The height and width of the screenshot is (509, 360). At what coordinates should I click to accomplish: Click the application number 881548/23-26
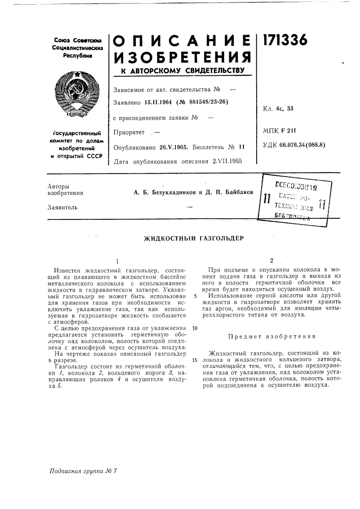tap(202, 102)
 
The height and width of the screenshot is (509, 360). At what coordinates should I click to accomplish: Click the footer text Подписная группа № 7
tap(84, 471)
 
